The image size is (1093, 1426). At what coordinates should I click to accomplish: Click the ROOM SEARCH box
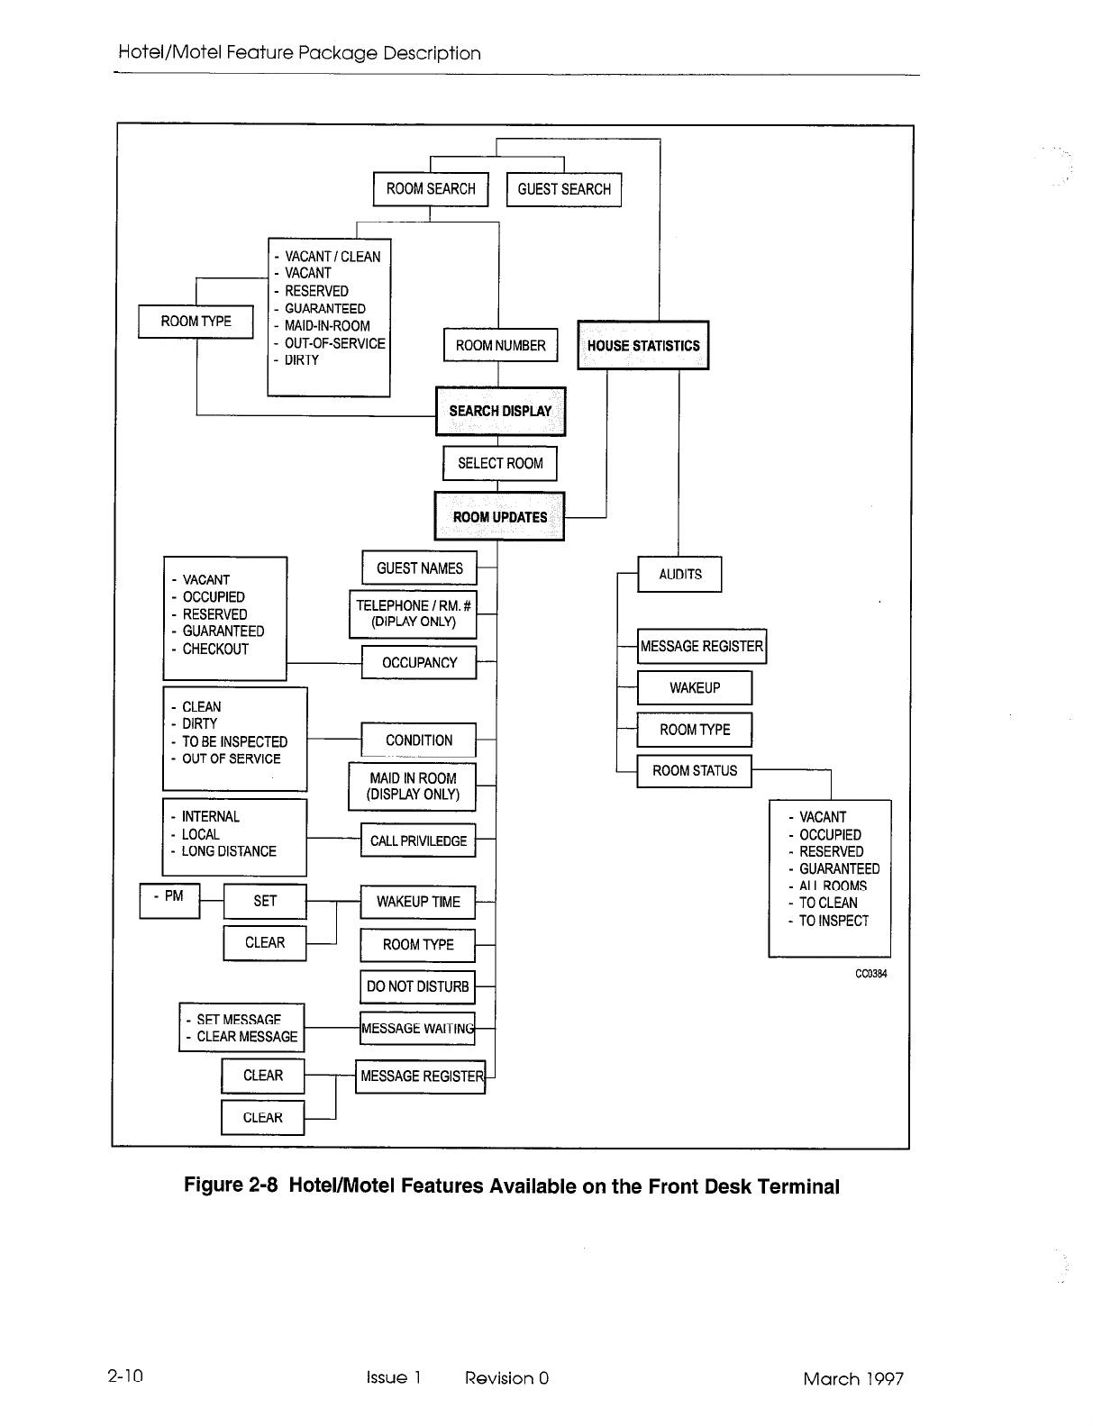tap(431, 189)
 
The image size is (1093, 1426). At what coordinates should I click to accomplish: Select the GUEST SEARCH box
tap(564, 189)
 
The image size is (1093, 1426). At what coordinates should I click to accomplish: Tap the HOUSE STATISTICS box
tap(642, 345)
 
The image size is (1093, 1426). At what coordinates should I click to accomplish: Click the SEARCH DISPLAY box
tap(500, 411)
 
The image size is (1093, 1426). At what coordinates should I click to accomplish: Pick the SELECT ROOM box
tap(500, 463)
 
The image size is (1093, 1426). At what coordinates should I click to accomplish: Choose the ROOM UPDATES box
tap(499, 516)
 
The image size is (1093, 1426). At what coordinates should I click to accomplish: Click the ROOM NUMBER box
tap(500, 345)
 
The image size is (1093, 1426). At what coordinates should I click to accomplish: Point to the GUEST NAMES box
tap(419, 568)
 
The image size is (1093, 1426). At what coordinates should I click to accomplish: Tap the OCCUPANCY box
tap(419, 662)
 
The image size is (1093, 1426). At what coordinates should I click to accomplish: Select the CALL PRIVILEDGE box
tap(418, 840)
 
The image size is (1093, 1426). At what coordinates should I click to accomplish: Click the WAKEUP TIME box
tap(418, 901)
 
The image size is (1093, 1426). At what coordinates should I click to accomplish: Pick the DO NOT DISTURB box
tap(417, 986)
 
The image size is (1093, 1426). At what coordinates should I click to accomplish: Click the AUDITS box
tap(679, 574)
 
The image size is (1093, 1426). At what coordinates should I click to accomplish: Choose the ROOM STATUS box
tap(694, 770)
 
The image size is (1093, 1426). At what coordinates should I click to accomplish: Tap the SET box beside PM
tap(265, 901)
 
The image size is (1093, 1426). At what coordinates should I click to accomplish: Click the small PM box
tap(169, 900)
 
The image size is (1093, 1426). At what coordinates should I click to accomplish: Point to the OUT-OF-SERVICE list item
tap(334, 343)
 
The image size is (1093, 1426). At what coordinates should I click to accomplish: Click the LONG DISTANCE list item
tap(229, 851)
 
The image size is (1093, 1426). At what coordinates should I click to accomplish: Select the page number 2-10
tap(125, 1377)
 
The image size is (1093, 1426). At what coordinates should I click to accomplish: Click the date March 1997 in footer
tap(853, 1378)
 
